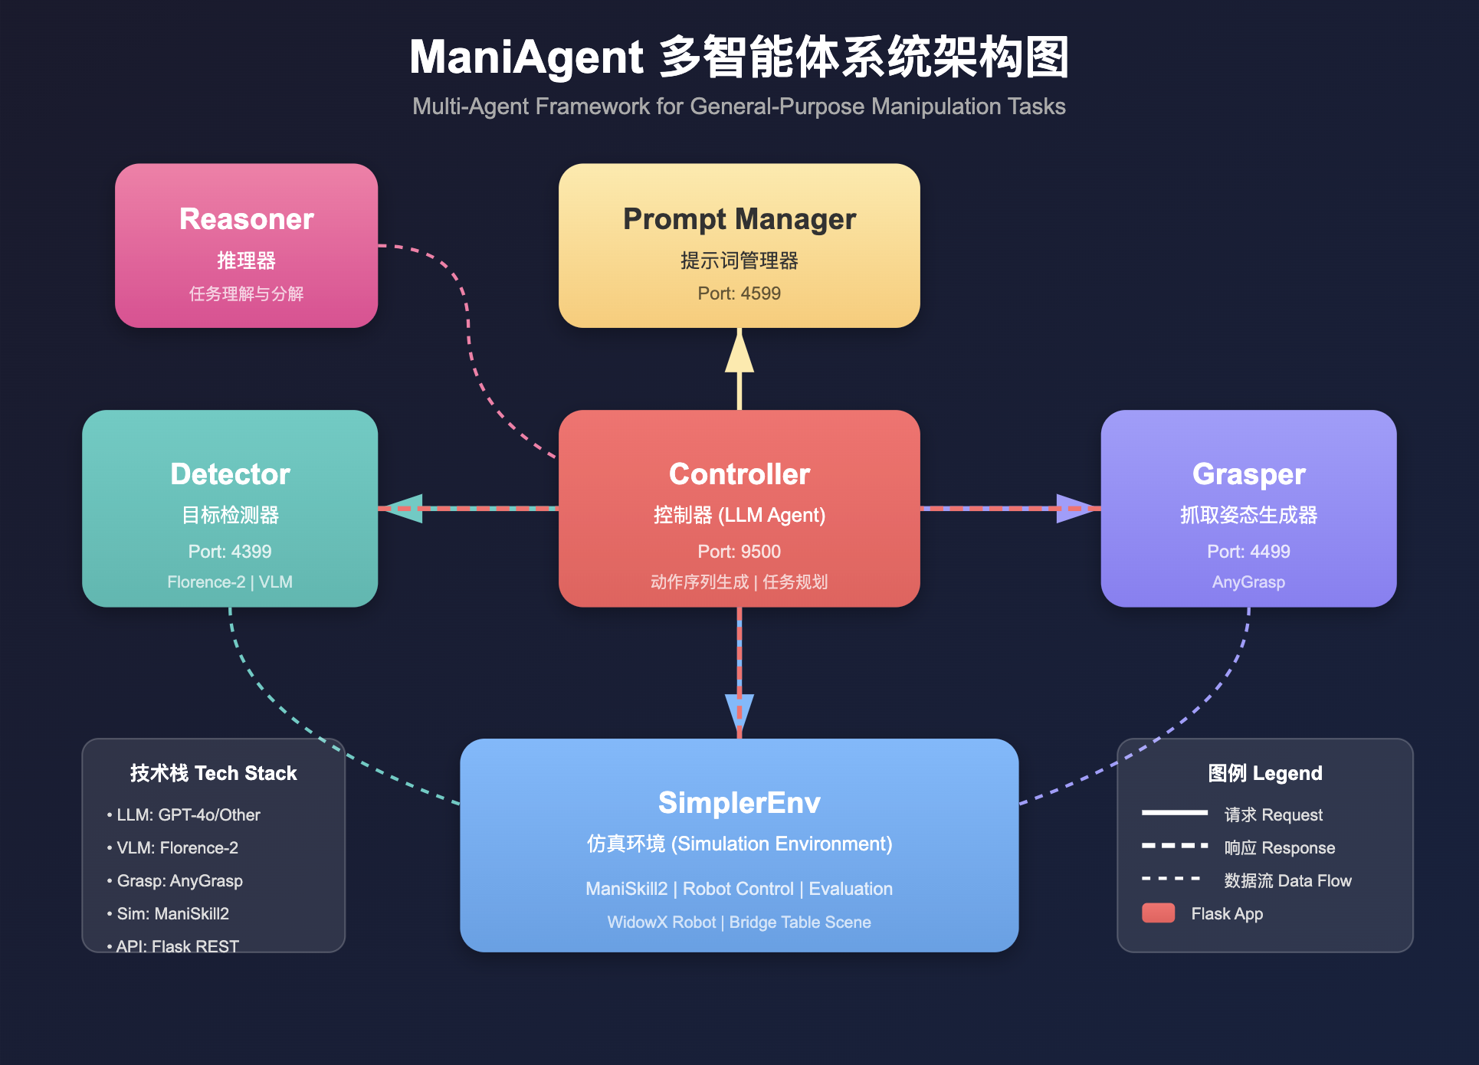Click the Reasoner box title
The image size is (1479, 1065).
point(246,219)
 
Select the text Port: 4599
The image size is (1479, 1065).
point(739,293)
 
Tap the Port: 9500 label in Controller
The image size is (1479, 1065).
point(739,552)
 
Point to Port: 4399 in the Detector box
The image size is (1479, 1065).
point(230,552)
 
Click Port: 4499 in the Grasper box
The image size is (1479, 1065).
point(1248,552)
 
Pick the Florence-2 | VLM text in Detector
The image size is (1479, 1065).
point(230,582)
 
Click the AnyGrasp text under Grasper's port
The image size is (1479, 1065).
point(1248,582)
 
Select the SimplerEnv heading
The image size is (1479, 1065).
point(739,803)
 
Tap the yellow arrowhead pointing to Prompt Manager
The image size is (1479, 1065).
point(739,354)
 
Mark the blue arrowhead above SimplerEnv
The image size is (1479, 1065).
point(739,713)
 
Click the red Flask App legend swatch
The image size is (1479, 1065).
point(1158,913)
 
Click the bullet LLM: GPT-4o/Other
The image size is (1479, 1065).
point(188,815)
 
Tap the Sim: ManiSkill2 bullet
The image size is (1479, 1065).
point(172,914)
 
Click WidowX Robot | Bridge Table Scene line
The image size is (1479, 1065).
point(739,922)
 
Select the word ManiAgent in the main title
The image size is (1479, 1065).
point(526,58)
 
